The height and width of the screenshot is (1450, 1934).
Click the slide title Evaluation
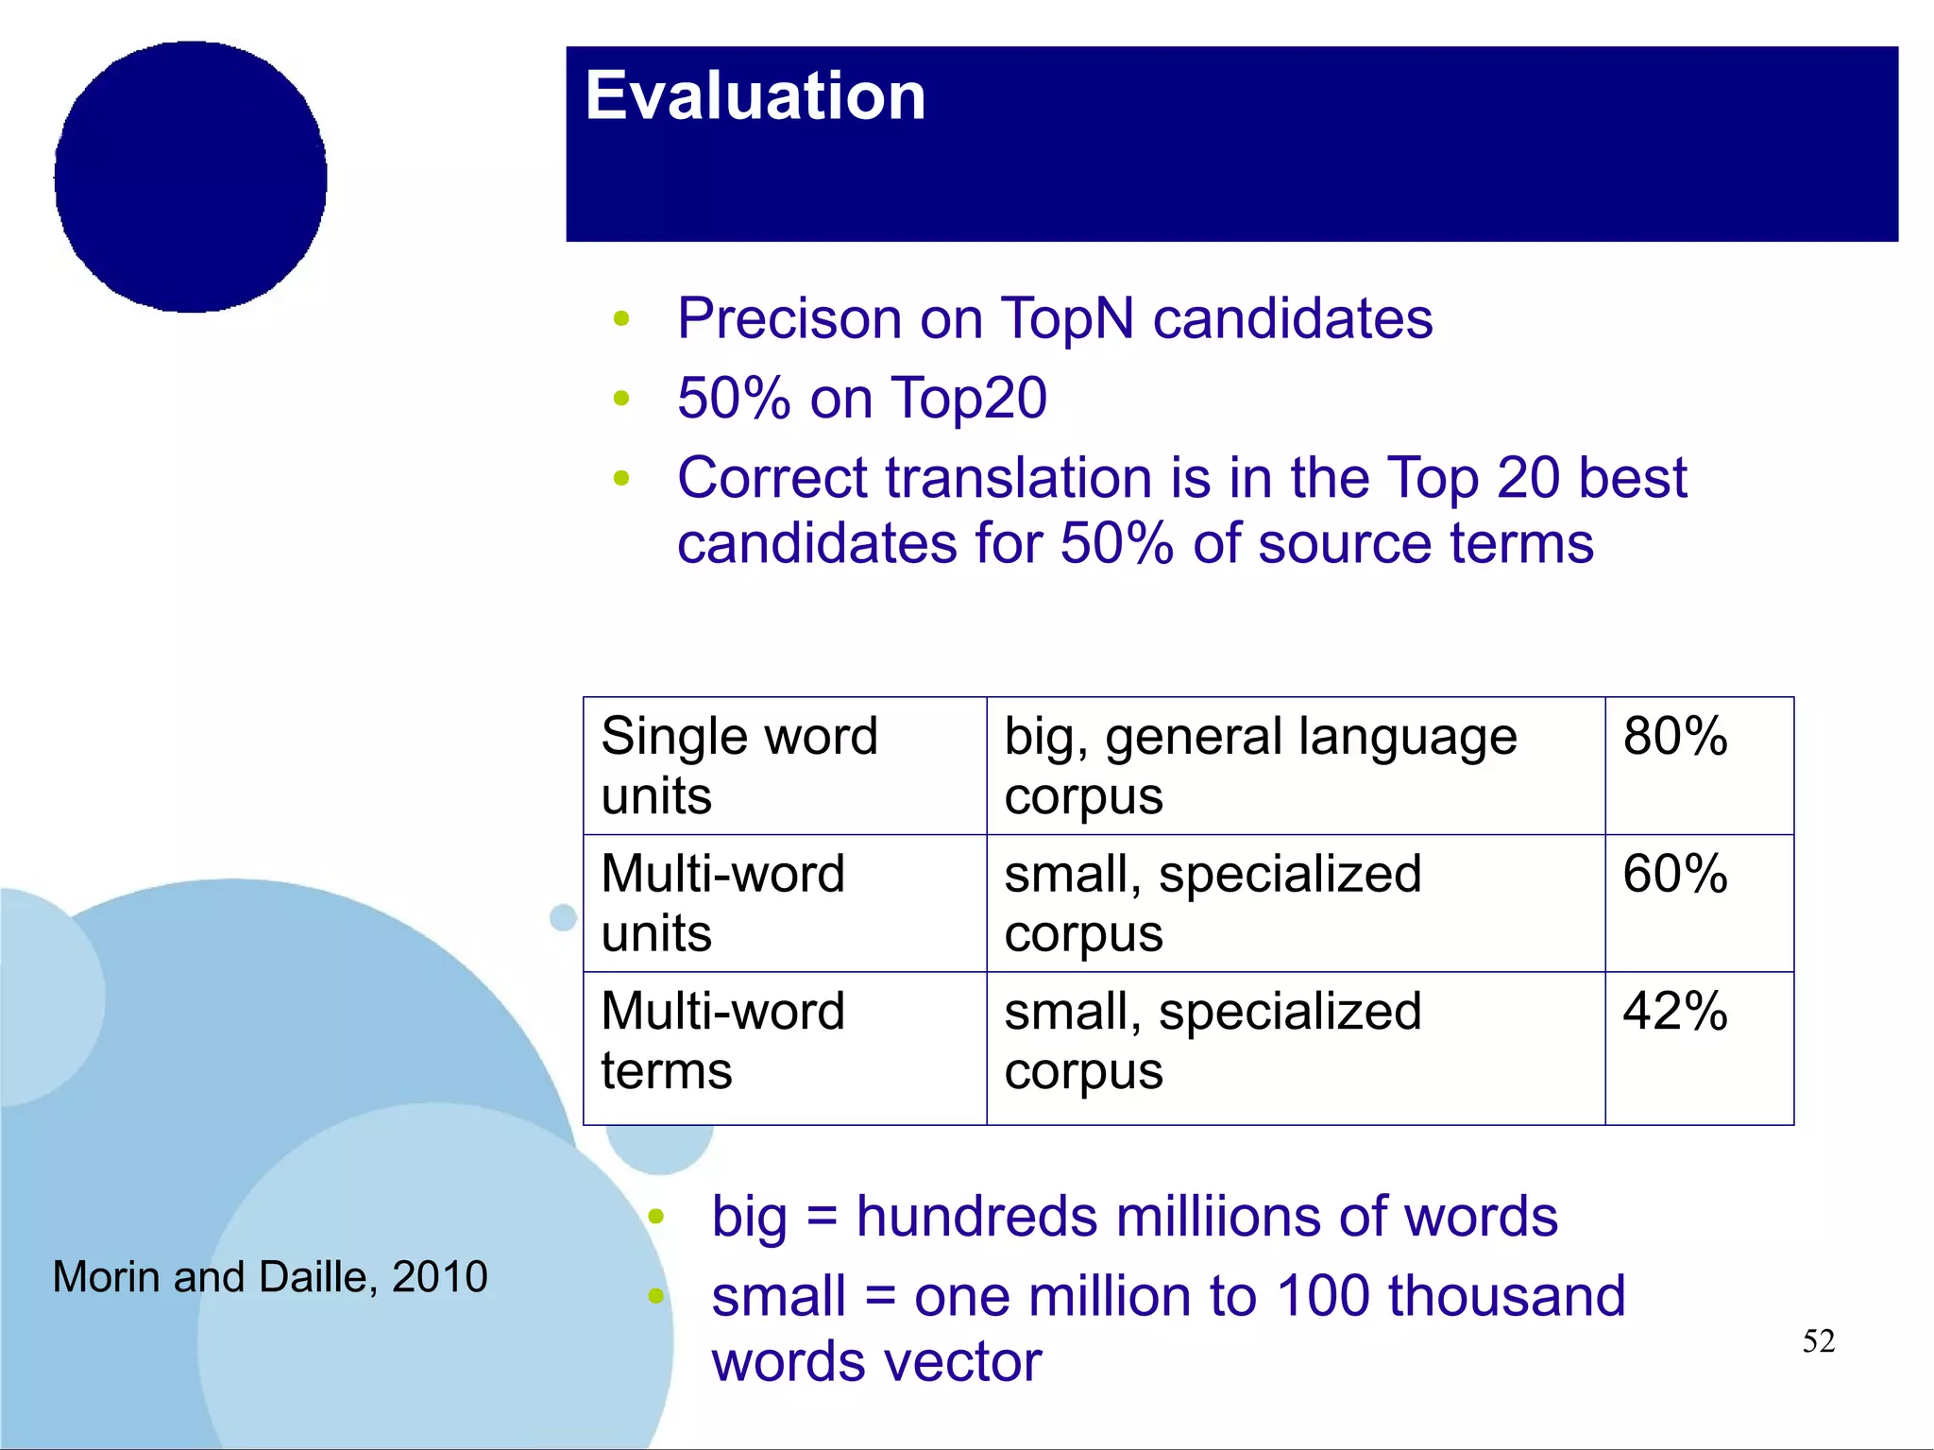[x=755, y=96]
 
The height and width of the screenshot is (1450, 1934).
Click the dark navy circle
[x=191, y=177]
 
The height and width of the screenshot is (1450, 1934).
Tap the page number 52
[x=1818, y=1341]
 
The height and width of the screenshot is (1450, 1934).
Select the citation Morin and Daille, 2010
[x=270, y=1277]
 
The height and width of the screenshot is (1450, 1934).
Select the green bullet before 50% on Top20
[x=620, y=399]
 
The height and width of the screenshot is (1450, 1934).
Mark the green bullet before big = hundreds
[x=656, y=1217]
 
